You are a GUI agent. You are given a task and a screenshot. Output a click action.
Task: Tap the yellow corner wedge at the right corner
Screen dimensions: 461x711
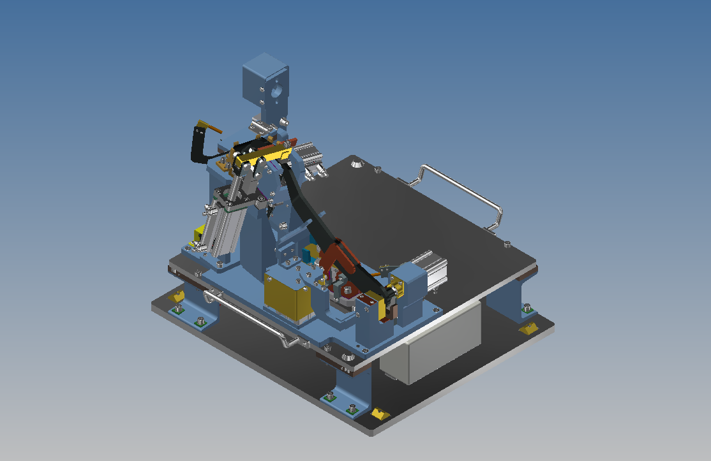[528, 328]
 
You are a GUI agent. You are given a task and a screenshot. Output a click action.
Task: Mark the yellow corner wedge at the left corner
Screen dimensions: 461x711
[177, 296]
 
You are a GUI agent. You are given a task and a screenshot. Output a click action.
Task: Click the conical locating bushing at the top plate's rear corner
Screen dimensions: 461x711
[357, 165]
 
